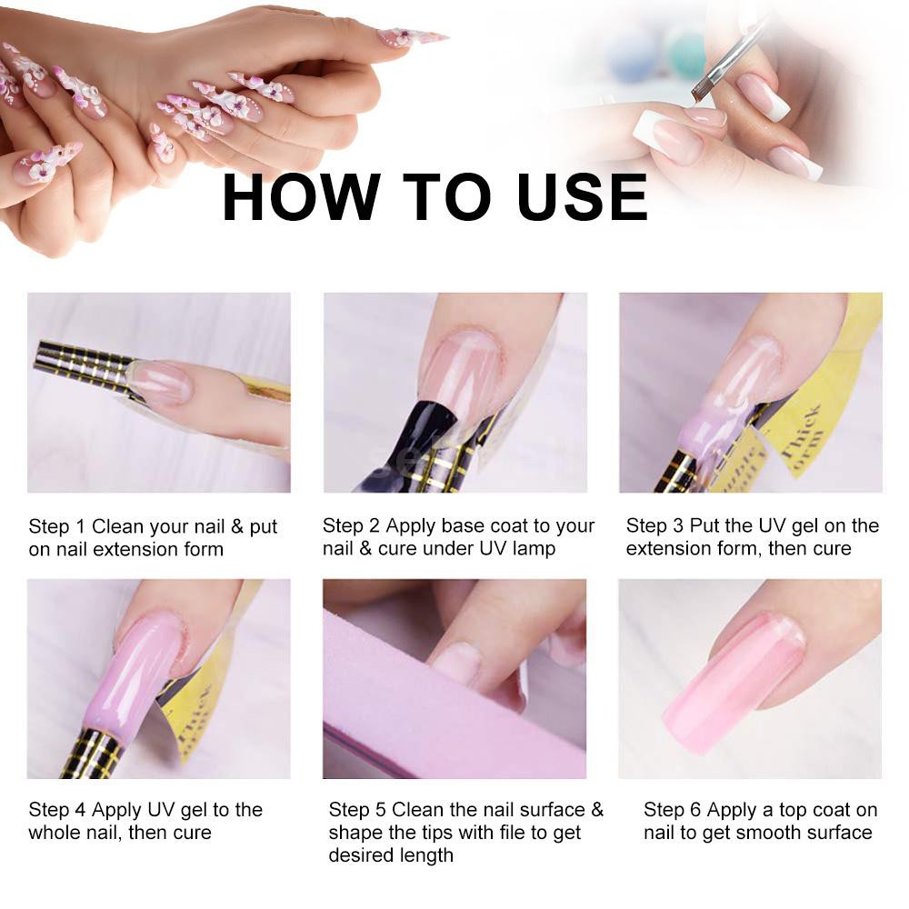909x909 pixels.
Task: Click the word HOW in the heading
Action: [302, 197]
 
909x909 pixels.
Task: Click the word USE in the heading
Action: [583, 197]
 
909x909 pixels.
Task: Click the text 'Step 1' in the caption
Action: [56, 526]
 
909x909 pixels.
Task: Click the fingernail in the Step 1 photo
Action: [162, 382]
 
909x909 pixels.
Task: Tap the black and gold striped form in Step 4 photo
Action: [93, 754]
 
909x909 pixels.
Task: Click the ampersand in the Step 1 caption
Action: [236, 526]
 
